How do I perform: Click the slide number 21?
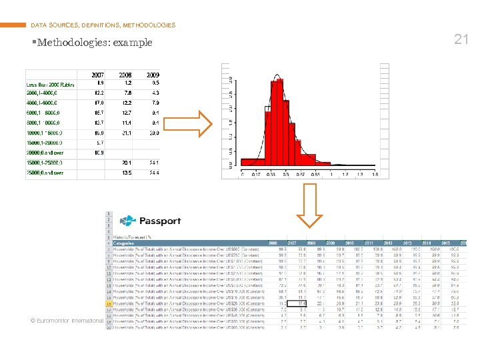coord(461,39)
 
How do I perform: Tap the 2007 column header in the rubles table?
coord(97,75)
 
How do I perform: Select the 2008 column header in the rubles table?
coord(125,75)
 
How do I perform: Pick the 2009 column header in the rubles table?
coord(152,75)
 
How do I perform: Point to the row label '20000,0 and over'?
coord(45,153)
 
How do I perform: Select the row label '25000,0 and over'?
coord(45,173)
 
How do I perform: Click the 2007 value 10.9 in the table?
coord(99,153)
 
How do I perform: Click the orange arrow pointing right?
coord(187,125)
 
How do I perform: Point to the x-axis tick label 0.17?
coord(257,175)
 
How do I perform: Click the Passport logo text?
coord(159,221)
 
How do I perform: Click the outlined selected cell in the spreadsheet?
coord(301,303)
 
